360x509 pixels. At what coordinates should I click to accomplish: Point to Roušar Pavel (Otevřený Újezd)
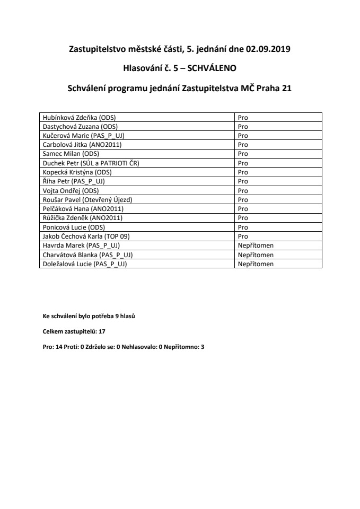[x=87, y=200]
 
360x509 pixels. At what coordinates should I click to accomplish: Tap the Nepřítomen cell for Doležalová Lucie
[x=256, y=264]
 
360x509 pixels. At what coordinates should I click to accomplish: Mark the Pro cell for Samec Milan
[x=243, y=153]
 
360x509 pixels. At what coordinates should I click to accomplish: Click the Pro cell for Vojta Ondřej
[x=243, y=190]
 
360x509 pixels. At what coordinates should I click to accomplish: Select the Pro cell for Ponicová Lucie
[x=243, y=227]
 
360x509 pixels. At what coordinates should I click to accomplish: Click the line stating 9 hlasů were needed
[x=89, y=317]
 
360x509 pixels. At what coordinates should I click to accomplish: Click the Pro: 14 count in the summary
[x=54, y=346]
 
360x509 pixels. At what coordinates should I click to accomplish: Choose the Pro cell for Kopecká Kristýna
[x=243, y=172]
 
